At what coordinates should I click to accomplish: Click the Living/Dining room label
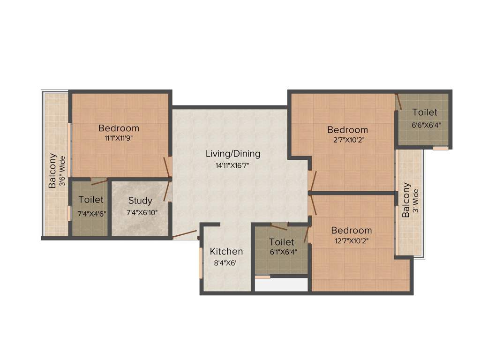pyautogui.click(x=233, y=154)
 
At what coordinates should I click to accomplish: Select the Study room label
pyautogui.click(x=140, y=201)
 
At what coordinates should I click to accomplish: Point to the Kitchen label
pyautogui.click(x=226, y=251)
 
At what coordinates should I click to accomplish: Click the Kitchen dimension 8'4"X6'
pyautogui.click(x=225, y=262)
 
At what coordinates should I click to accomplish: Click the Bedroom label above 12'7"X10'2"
pyautogui.click(x=351, y=230)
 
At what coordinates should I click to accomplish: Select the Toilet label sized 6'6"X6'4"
pyautogui.click(x=425, y=112)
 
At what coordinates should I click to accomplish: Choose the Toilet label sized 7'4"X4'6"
pyautogui.click(x=91, y=200)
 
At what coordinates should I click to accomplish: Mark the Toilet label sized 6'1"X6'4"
pyautogui.click(x=282, y=242)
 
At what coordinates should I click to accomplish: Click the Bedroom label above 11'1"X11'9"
pyautogui.click(x=119, y=128)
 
